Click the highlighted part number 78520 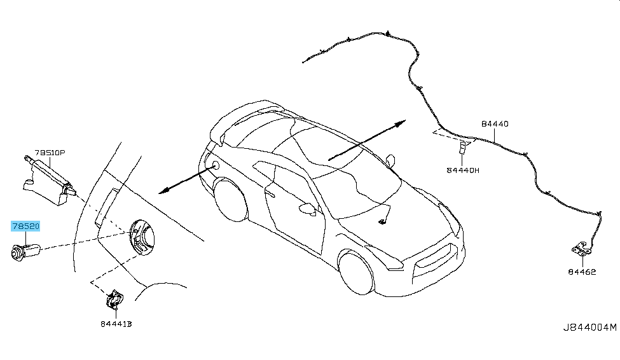25,226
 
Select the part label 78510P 50,152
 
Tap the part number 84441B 116,324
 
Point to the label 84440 495,124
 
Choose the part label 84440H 463,170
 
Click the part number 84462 582,272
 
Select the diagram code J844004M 590,328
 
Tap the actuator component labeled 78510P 48,181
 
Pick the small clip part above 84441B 114,299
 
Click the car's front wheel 356,272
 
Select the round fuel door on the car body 216,165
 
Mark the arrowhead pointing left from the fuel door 163,191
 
